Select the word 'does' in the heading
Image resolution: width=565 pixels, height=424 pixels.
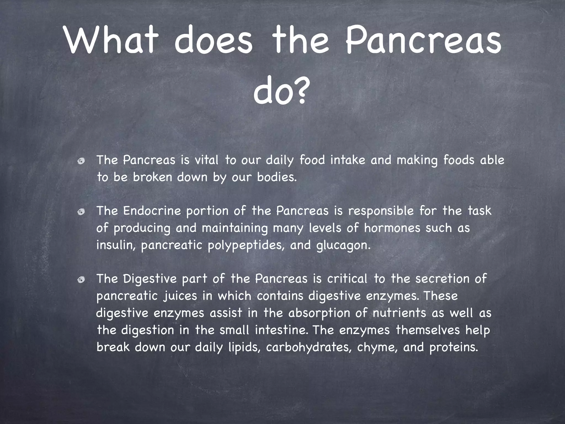[x=213, y=40]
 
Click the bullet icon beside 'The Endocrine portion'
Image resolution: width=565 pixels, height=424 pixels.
[x=81, y=212]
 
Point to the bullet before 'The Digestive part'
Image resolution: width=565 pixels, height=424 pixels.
[x=81, y=280]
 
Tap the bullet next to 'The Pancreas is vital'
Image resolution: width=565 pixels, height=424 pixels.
[x=81, y=161]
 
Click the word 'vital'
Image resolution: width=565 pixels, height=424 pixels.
[x=206, y=160]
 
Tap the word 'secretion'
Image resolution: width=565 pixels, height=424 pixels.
[x=442, y=279]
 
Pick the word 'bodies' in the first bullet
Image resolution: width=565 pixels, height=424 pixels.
[x=276, y=177]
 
